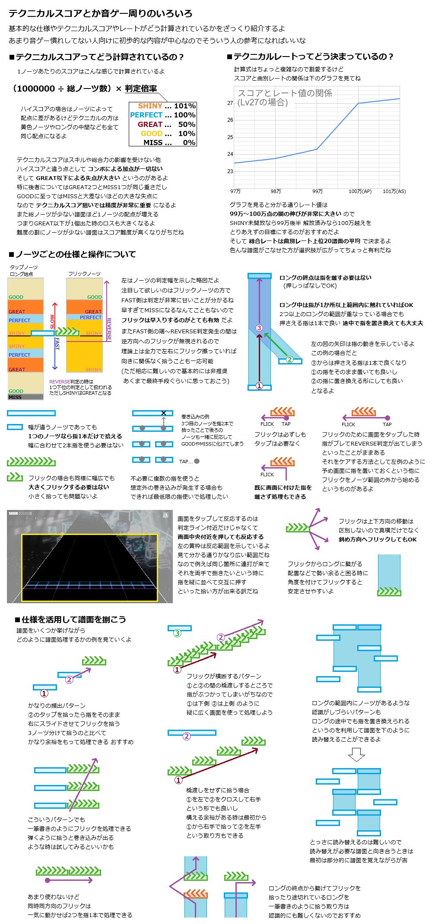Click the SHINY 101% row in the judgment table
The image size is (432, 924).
163,106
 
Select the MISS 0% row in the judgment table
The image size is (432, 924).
163,142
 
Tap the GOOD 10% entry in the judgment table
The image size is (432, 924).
163,133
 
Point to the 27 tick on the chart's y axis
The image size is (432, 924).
230,103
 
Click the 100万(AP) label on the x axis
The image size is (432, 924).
360,191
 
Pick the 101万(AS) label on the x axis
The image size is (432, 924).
394,191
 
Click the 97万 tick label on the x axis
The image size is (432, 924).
235,191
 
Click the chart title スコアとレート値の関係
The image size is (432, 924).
285,93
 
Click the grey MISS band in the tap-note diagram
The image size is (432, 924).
25,397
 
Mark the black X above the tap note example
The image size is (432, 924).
164,413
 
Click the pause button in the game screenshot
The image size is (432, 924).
165,515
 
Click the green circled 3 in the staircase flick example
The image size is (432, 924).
177,633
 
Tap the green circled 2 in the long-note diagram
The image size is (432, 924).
290,359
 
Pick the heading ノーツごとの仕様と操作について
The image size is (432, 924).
72,254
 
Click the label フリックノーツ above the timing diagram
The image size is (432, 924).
84,274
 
